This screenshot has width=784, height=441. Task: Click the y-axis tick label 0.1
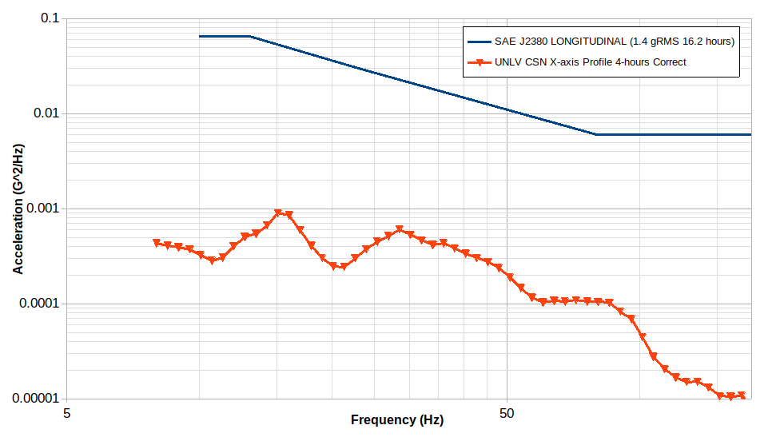click(x=50, y=18)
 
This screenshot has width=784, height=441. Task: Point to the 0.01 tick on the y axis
click(x=46, y=113)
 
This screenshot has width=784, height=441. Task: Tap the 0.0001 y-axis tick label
click(x=39, y=304)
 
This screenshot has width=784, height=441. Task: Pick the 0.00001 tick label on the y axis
click(x=36, y=399)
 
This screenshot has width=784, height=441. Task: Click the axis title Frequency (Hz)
click(x=396, y=420)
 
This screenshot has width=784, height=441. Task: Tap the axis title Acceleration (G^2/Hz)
click(x=18, y=209)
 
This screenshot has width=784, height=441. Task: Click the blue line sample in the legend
click(x=479, y=42)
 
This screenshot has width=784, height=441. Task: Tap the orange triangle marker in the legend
click(x=479, y=62)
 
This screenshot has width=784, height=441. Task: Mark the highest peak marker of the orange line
click(x=278, y=213)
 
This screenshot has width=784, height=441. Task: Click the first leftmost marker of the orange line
click(x=157, y=243)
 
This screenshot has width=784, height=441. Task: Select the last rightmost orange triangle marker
click(x=742, y=395)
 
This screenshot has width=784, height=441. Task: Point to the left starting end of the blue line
click(x=200, y=36)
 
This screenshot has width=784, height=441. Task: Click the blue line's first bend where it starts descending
click(x=250, y=36)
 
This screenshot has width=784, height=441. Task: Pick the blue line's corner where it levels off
click(x=595, y=134)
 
